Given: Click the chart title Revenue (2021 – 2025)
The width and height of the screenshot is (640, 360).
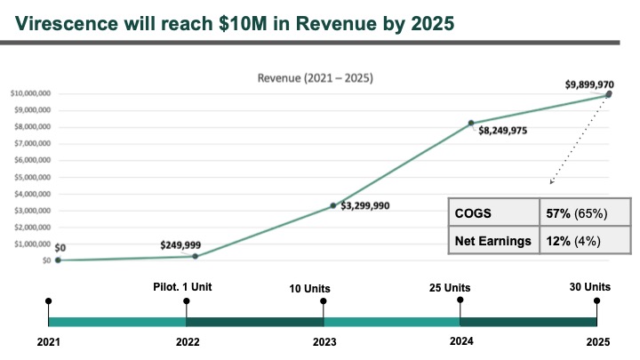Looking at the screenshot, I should (x=316, y=77).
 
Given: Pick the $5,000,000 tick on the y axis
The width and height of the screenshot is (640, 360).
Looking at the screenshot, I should (x=30, y=177).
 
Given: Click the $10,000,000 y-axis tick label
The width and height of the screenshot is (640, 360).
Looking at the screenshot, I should (x=28, y=93).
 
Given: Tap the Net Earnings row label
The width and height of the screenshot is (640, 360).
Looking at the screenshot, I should (x=492, y=239).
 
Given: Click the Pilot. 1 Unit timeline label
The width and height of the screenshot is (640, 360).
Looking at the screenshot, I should (x=185, y=287).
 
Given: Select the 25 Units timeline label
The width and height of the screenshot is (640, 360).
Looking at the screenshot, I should (x=460, y=287).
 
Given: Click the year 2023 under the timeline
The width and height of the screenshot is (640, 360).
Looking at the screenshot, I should (x=324, y=341).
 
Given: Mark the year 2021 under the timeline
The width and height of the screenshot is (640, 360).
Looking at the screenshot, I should (x=48, y=341).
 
